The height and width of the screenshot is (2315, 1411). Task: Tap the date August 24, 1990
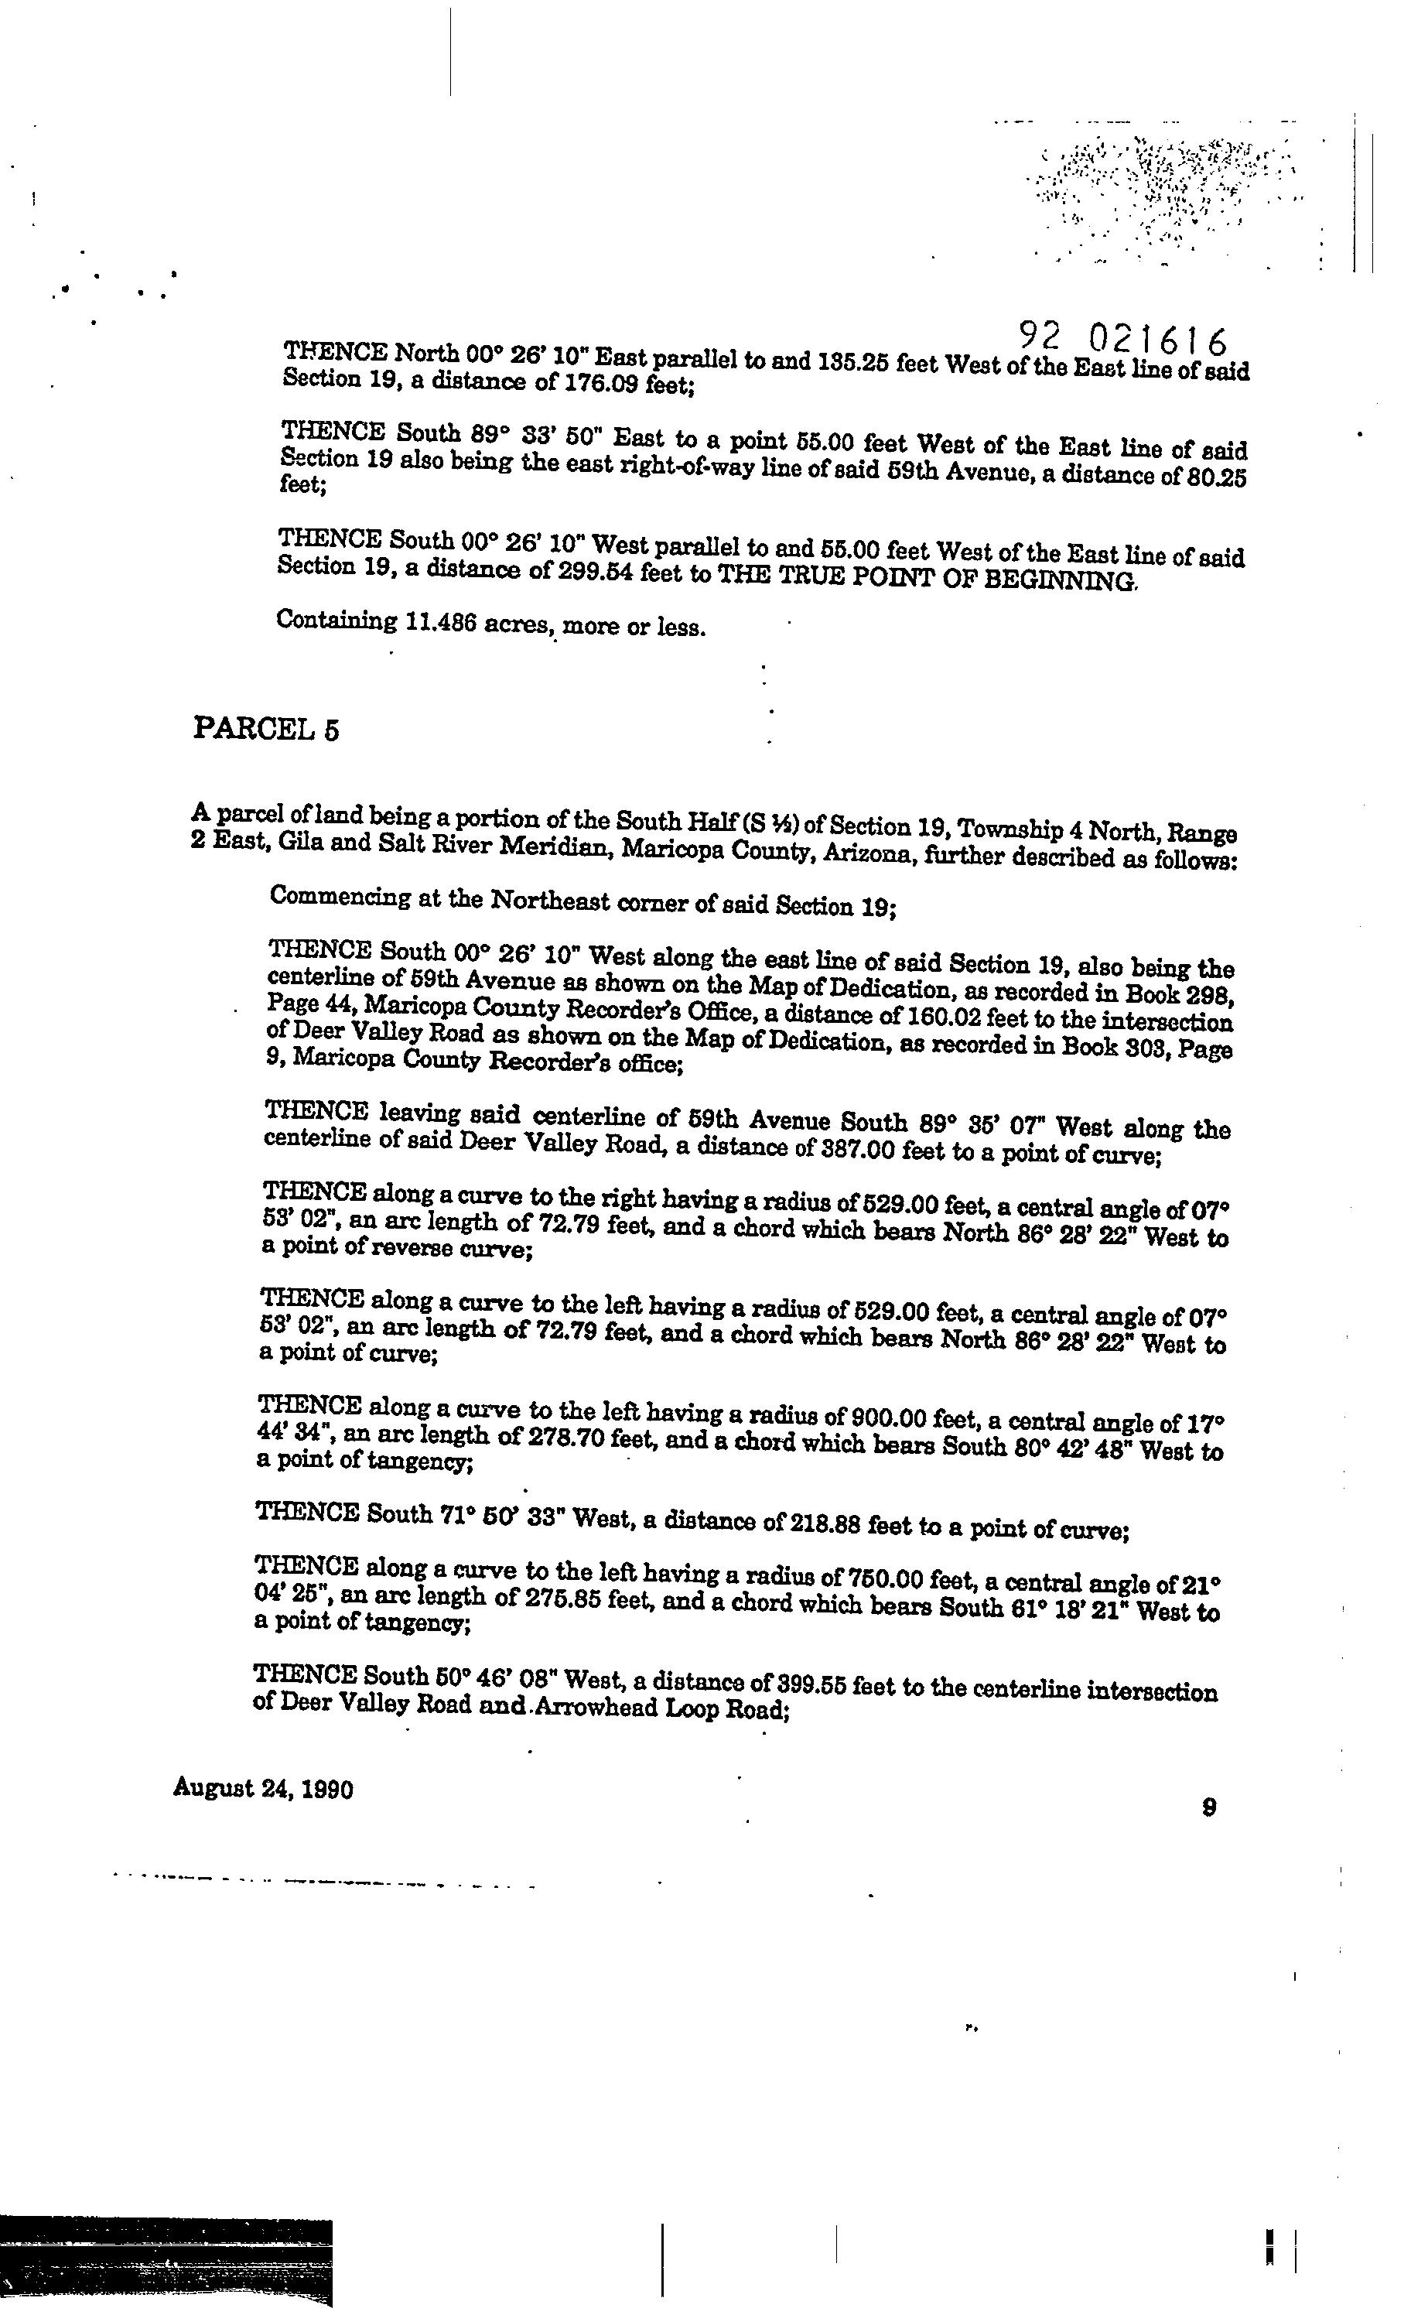(x=263, y=1790)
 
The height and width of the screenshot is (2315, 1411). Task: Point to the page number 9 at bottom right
(x=1210, y=1807)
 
